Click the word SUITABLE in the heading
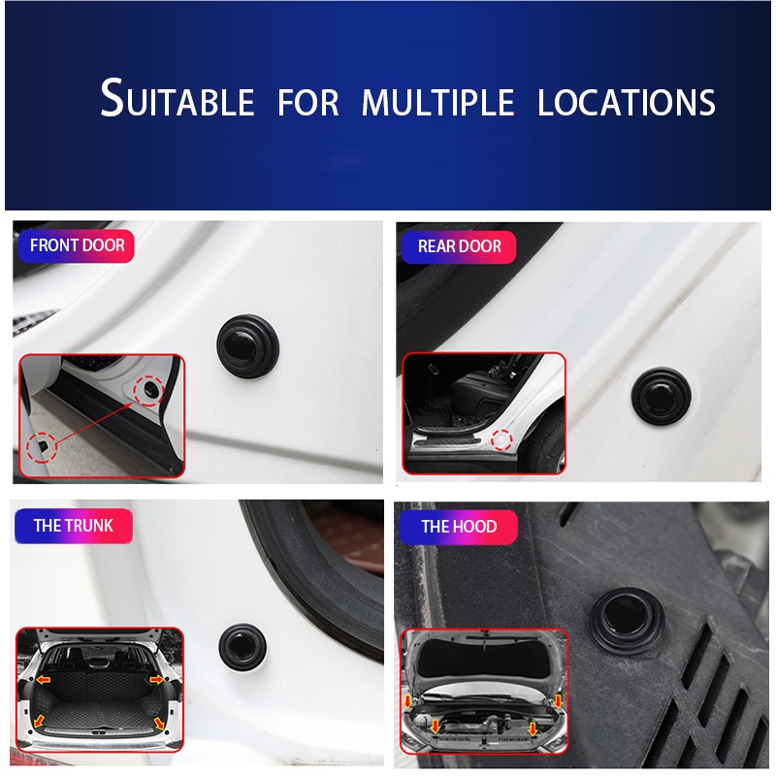[x=177, y=100]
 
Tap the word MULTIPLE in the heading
[x=437, y=102]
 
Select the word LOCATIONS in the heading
[x=627, y=102]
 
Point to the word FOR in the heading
[x=308, y=102]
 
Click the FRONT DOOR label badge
[x=77, y=245]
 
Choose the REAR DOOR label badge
[x=459, y=246]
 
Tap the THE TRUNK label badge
[x=73, y=526]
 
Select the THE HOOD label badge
[x=458, y=527]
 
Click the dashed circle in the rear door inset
[x=501, y=440]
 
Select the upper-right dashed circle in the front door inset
[x=150, y=389]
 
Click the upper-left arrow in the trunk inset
[x=44, y=680]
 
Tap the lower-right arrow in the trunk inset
[x=160, y=723]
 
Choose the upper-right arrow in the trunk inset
[x=157, y=680]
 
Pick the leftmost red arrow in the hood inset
[x=407, y=698]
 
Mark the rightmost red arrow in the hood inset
[x=558, y=698]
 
